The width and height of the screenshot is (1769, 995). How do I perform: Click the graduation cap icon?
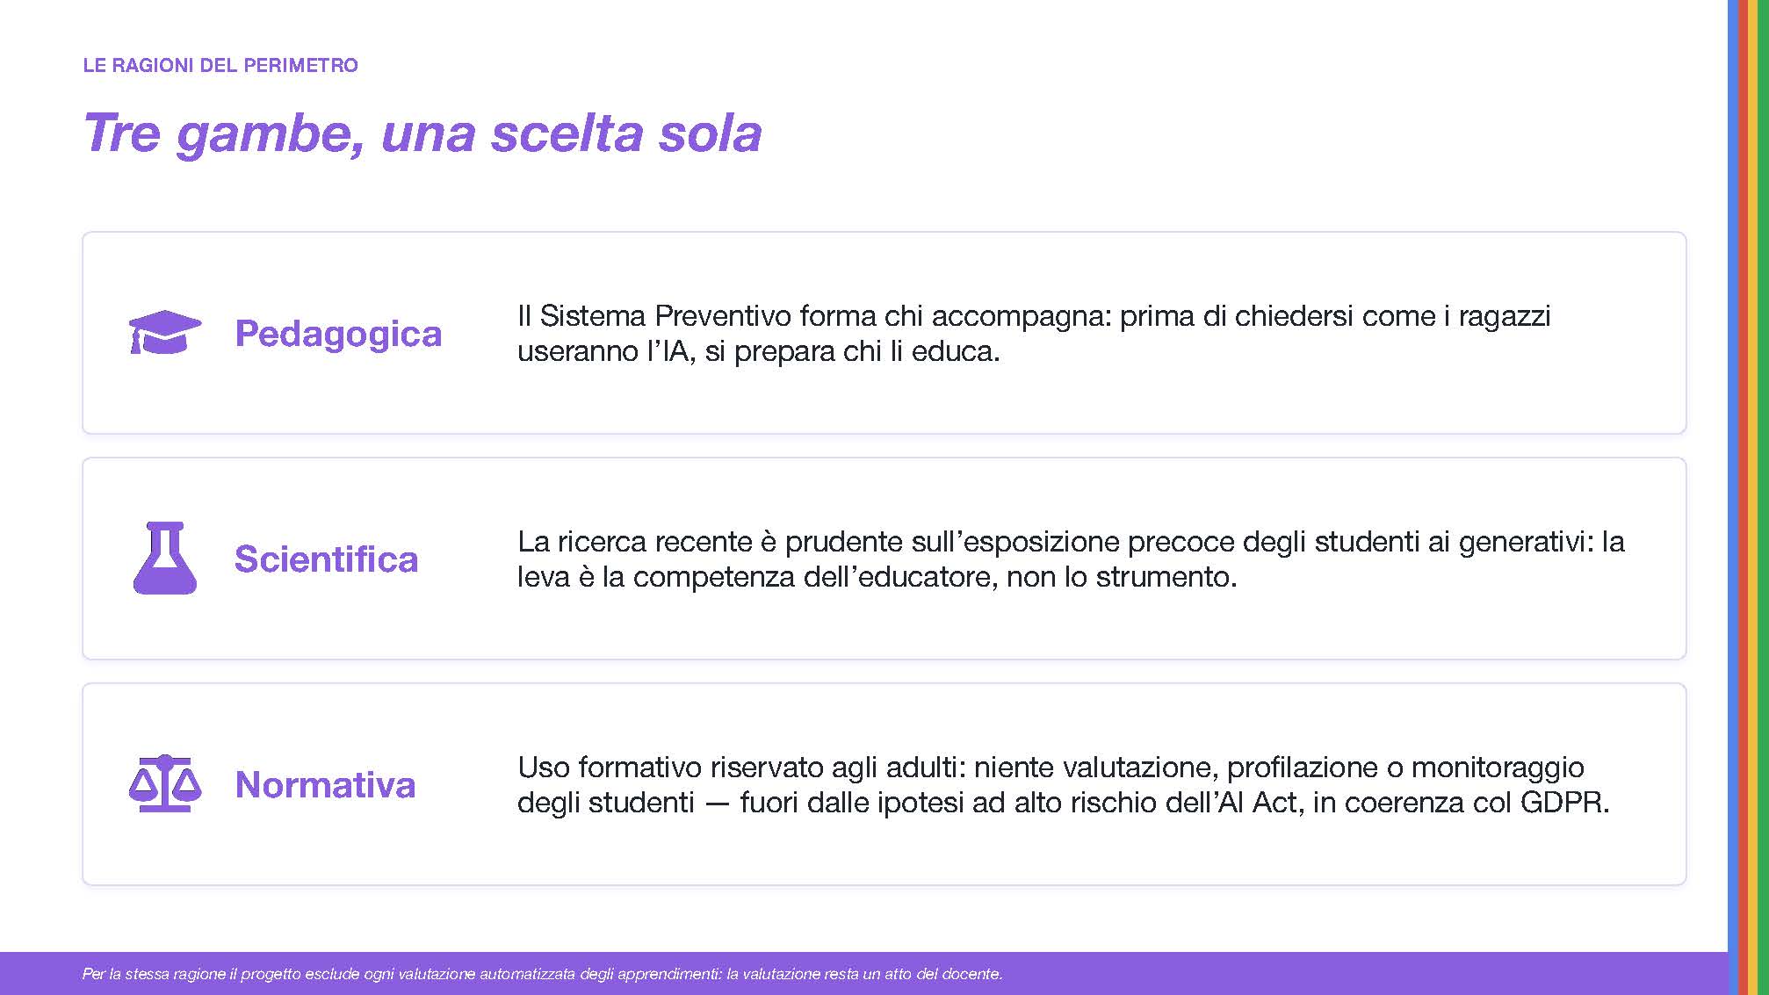click(x=165, y=332)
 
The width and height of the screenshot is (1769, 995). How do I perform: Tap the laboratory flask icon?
click(x=165, y=558)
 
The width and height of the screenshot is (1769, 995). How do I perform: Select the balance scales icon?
click(x=165, y=783)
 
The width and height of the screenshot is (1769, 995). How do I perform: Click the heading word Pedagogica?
click(x=338, y=334)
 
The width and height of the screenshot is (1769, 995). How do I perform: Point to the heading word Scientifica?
click(x=326, y=559)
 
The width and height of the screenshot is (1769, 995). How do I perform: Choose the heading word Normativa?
click(x=325, y=785)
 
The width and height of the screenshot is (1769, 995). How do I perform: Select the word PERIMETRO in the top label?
click(x=300, y=65)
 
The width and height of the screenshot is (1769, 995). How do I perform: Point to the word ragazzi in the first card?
click(x=1505, y=317)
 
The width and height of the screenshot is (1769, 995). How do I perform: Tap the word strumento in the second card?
click(x=1160, y=577)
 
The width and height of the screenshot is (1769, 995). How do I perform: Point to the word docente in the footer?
click(x=970, y=974)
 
